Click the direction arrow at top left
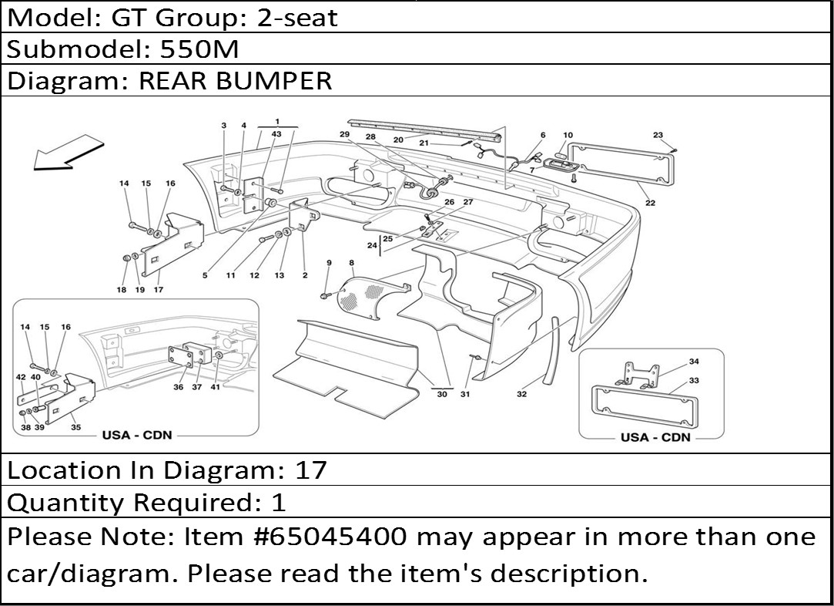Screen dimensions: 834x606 coord(68,153)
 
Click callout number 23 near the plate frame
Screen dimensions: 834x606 coord(658,135)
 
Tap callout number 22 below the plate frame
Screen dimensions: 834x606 coord(651,203)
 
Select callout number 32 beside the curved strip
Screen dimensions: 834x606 coord(522,394)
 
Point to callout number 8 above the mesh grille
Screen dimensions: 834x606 coord(352,263)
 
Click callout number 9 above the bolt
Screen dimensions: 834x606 coord(330,263)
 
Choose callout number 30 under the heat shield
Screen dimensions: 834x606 coord(442,395)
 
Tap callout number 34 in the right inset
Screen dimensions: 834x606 coord(694,362)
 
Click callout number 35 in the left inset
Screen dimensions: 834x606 coord(76,427)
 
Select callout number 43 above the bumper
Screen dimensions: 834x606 coord(276,134)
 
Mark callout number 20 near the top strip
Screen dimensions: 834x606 coord(398,140)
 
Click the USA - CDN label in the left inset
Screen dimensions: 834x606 coord(137,435)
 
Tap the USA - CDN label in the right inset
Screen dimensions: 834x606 coord(655,437)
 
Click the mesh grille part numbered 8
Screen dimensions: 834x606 coord(372,296)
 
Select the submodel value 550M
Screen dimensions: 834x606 coord(199,49)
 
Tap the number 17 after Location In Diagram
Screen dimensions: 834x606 coord(310,470)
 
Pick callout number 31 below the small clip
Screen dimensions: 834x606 coord(465,395)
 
